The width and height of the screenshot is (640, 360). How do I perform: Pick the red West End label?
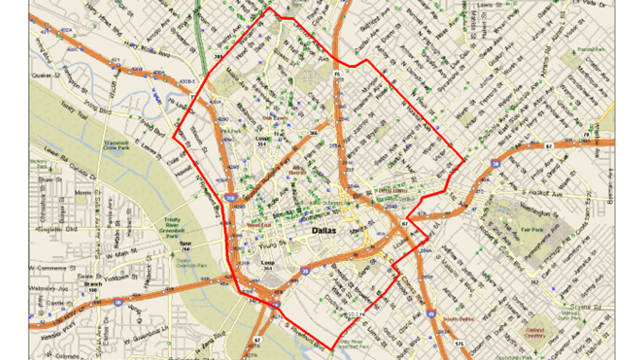pos(258,224)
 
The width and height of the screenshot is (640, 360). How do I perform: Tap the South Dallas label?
pos(458,319)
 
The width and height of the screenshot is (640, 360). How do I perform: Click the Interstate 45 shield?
pos(431,313)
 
